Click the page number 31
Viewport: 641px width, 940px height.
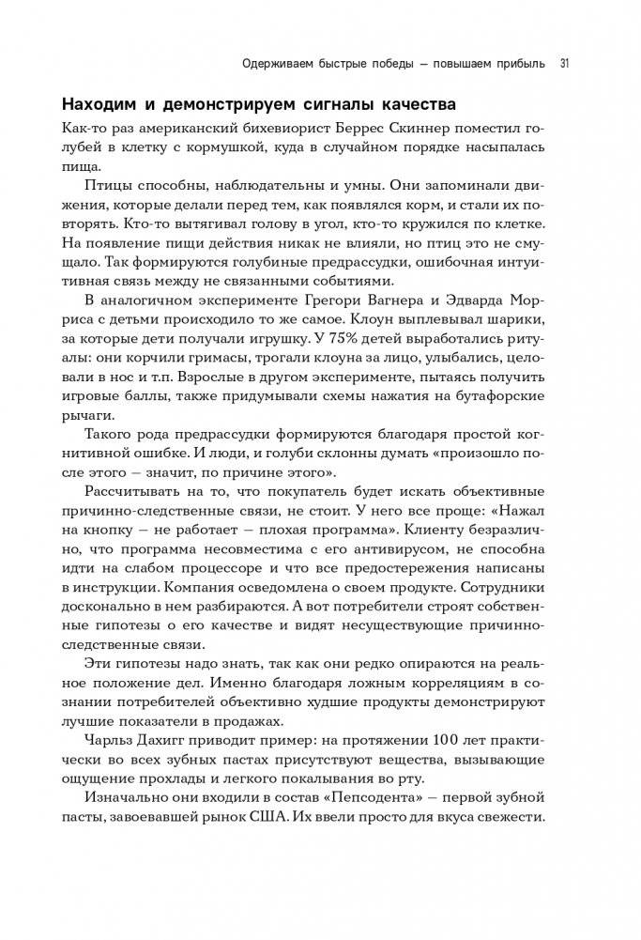click(x=565, y=64)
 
